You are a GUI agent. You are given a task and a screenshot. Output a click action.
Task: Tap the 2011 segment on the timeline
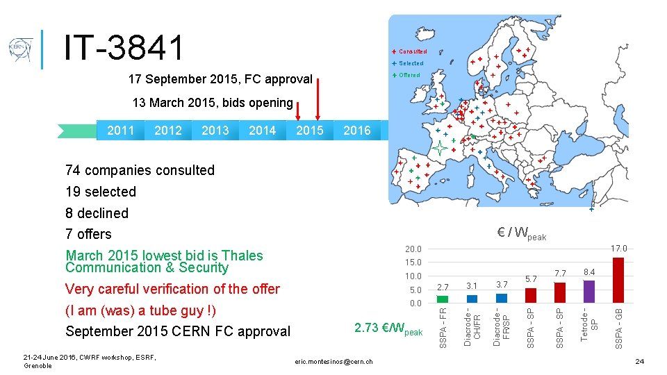click(x=121, y=131)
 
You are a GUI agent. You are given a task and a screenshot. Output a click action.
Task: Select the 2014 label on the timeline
click(x=262, y=131)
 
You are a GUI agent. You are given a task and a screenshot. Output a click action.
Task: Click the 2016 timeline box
click(x=357, y=131)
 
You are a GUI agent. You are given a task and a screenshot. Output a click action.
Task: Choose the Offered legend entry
click(x=409, y=75)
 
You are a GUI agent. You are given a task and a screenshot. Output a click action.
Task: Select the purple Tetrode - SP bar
click(x=589, y=291)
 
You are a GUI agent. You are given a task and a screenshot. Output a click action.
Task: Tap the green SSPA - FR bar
click(x=443, y=299)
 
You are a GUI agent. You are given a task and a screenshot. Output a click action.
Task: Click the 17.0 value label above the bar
click(x=618, y=249)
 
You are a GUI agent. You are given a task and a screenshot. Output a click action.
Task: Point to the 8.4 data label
click(x=589, y=272)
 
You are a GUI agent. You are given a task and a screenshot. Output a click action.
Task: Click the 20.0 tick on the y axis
click(x=413, y=249)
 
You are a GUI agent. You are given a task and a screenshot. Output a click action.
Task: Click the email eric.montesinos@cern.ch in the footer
click(x=333, y=361)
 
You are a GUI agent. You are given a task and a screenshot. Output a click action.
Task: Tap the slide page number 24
click(x=639, y=362)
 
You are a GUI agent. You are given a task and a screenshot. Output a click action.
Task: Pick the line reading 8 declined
click(x=97, y=213)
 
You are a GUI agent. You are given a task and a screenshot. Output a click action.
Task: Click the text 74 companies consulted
click(x=140, y=170)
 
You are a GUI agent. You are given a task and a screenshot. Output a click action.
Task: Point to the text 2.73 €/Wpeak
click(x=388, y=328)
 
